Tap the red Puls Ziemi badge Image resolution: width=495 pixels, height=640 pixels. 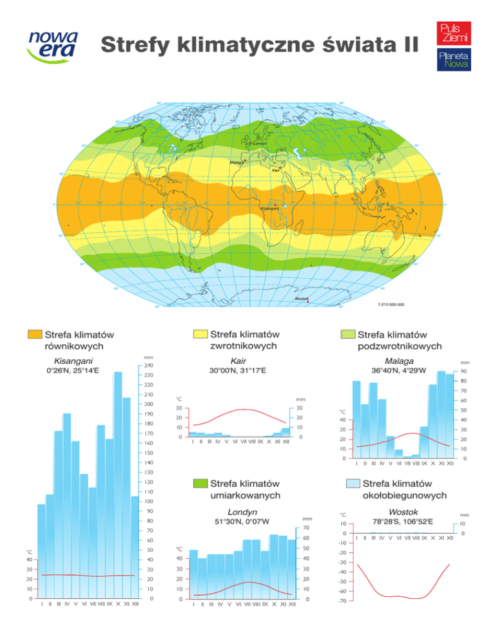[x=454, y=34]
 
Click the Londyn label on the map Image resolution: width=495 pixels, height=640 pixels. [x=260, y=144]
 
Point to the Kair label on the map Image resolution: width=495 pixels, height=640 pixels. [x=276, y=170]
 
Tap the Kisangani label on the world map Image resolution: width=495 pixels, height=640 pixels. [x=269, y=209]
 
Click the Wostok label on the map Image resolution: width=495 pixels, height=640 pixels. [x=301, y=299]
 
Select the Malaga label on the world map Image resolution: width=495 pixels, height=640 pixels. [x=236, y=163]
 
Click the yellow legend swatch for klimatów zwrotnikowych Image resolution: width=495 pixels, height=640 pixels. [x=200, y=334]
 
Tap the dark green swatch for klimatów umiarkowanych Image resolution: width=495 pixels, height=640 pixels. [x=200, y=483]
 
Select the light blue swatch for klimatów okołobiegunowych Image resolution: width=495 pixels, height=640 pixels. [x=352, y=483]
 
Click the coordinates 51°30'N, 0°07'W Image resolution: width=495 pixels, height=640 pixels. [x=242, y=522]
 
